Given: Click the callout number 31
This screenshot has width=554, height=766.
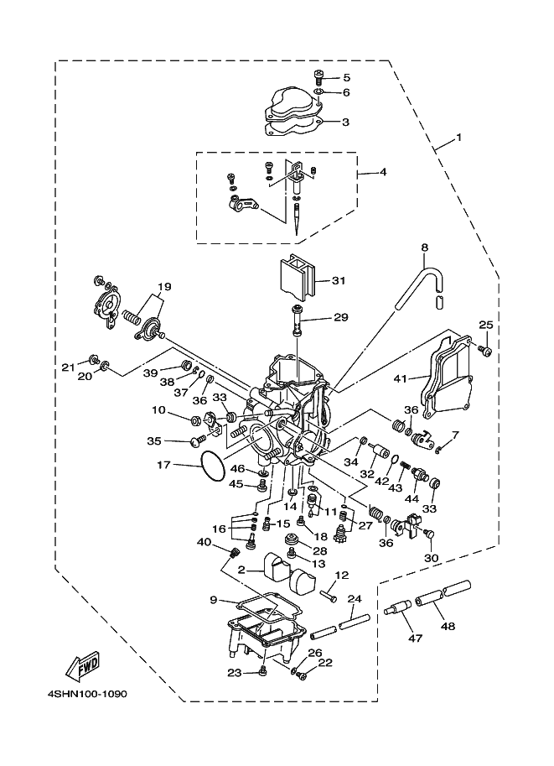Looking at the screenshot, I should tap(339, 280).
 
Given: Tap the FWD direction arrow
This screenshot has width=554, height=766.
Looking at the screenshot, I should tap(84, 667).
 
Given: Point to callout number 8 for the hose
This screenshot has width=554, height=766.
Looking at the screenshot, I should tap(424, 248).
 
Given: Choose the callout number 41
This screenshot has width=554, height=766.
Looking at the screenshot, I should tap(401, 378).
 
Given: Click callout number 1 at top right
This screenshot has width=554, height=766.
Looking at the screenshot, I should tap(458, 136).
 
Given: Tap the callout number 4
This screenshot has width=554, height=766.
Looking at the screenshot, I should tap(383, 172).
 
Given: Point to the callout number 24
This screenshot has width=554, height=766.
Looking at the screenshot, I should tap(355, 599).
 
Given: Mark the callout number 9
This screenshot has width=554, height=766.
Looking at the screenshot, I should tap(213, 599).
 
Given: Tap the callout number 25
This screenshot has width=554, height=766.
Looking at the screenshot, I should tap(485, 325).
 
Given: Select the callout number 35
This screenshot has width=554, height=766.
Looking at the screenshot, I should tap(154, 440).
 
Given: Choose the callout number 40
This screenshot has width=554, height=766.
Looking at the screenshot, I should tap(204, 541).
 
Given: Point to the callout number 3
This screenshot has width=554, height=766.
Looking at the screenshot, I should tap(345, 122).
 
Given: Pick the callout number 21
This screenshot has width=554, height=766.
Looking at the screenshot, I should tap(68, 367).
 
